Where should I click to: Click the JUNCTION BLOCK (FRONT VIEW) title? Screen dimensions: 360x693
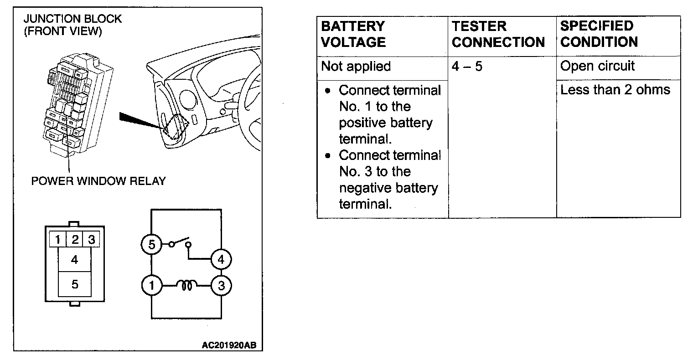[x=72, y=25]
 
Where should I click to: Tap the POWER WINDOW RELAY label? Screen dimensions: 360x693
[x=98, y=181]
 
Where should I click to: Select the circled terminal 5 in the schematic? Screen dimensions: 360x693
[x=151, y=245]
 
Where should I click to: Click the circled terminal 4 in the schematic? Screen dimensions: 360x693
[x=221, y=260]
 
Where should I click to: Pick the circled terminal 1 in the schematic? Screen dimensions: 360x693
[x=151, y=286]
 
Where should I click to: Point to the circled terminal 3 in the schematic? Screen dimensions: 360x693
[x=221, y=286]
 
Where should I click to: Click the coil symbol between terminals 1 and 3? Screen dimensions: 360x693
[x=186, y=286]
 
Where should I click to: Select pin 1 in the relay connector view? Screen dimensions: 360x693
[x=58, y=239]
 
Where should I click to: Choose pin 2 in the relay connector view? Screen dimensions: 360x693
[x=75, y=239]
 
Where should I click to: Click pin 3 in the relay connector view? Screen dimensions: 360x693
[x=91, y=239]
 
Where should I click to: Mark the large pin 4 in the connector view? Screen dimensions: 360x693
[x=75, y=260]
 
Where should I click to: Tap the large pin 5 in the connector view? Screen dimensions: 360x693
[x=75, y=284]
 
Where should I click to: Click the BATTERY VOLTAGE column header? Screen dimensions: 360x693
[x=353, y=34]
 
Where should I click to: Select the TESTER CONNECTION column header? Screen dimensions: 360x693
[x=498, y=34]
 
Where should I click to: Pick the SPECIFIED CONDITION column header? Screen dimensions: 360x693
[x=599, y=34]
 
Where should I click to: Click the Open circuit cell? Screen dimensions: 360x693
[x=597, y=66]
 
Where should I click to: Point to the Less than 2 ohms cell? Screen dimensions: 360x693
[x=615, y=90]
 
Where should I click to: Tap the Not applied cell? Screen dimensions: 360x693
[x=356, y=67]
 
